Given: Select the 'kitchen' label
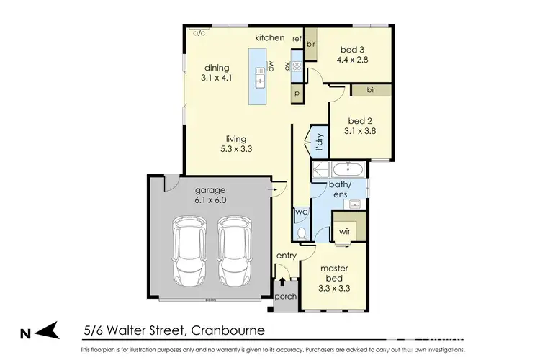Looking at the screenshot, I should [270, 37].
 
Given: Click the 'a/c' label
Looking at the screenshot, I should [198, 33].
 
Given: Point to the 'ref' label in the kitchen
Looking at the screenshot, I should [296, 38].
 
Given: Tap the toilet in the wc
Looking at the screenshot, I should [302, 232].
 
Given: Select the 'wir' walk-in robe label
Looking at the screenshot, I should [346, 232].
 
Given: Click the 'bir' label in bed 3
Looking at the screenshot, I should [311, 44].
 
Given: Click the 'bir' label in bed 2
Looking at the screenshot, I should [372, 90].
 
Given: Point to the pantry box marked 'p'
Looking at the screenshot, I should [297, 94].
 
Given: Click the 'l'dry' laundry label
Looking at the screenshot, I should [318, 141].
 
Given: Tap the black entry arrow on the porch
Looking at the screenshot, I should [283, 282].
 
